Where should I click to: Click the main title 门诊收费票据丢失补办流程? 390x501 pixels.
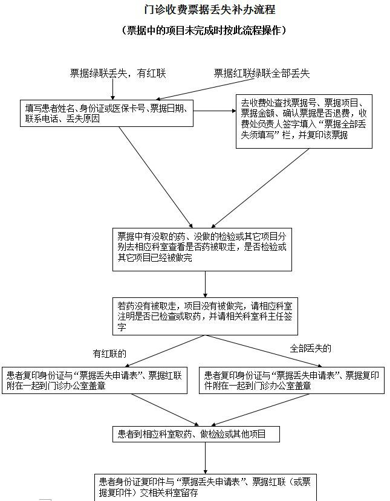click(209, 9)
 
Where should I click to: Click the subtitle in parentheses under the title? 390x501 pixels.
click(204, 30)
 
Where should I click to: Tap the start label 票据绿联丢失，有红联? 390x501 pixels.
click(118, 74)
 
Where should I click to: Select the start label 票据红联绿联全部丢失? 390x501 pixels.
click(262, 74)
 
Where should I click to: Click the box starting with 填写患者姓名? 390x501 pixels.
click(107, 114)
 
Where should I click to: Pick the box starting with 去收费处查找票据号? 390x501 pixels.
click(304, 121)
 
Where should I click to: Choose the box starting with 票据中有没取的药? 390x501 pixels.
click(202, 250)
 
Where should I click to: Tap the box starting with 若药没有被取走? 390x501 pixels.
click(205, 316)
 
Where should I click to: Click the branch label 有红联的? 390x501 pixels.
click(109, 354)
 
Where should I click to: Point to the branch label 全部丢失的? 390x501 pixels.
click(310, 348)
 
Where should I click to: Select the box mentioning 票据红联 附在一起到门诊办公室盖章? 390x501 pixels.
click(94, 380)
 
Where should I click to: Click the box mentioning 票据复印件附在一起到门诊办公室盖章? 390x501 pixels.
click(291, 380)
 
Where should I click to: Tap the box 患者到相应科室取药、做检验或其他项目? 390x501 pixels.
click(196, 434)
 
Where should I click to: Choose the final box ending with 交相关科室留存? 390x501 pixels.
click(206, 488)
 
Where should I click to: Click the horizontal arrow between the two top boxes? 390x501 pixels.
click(215, 111)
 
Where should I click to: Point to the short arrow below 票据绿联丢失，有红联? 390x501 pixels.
click(113, 89)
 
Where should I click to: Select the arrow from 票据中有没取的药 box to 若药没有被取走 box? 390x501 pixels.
click(205, 285)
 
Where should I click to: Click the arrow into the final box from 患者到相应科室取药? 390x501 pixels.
click(205, 458)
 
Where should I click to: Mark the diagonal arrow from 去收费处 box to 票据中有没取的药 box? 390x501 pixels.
click(260, 188)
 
